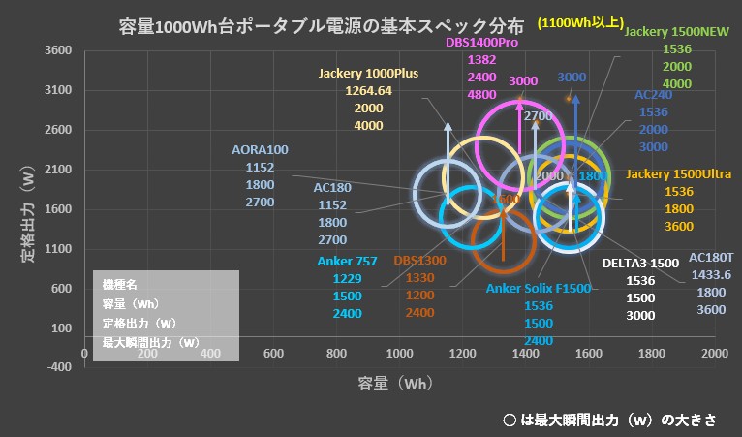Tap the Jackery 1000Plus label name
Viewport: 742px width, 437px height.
[367, 74]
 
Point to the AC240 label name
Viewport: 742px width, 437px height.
[653, 96]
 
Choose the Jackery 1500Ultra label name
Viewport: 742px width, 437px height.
[678, 173]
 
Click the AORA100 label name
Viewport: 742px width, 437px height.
[261, 150]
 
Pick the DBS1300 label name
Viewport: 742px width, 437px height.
[419, 261]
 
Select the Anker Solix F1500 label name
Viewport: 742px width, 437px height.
[538, 288]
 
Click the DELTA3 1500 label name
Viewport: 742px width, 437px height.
[640, 263]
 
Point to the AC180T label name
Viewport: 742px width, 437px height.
[711, 258]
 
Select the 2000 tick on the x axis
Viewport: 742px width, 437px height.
[715, 353]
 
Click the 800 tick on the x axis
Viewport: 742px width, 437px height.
[337, 353]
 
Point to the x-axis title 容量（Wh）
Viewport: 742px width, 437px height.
[391, 384]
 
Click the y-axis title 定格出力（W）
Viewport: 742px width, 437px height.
[29, 212]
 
